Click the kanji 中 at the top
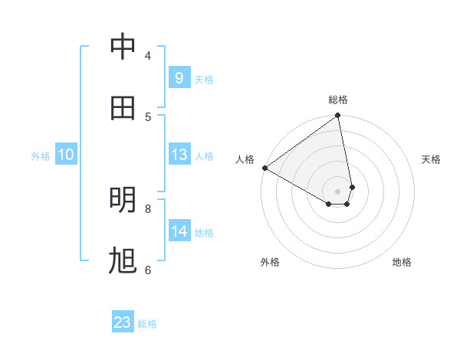click(x=123, y=47)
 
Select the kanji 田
click(x=123, y=108)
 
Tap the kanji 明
click(x=123, y=200)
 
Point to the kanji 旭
click(x=123, y=261)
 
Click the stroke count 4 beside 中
click(x=148, y=55)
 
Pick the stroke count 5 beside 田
click(x=148, y=116)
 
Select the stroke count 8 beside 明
click(x=148, y=208)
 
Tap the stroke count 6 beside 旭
click(x=148, y=270)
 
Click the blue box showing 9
click(x=179, y=77)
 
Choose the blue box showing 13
click(x=179, y=155)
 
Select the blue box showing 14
click(x=179, y=231)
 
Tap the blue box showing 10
click(x=65, y=155)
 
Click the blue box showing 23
click(x=122, y=322)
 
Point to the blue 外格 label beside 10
click(x=41, y=156)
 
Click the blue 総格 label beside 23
click(x=147, y=324)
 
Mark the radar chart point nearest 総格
click(x=338, y=116)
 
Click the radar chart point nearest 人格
click(x=264, y=168)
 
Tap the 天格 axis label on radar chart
click(x=431, y=159)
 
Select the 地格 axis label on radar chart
click(x=402, y=262)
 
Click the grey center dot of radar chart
click(x=338, y=191)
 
